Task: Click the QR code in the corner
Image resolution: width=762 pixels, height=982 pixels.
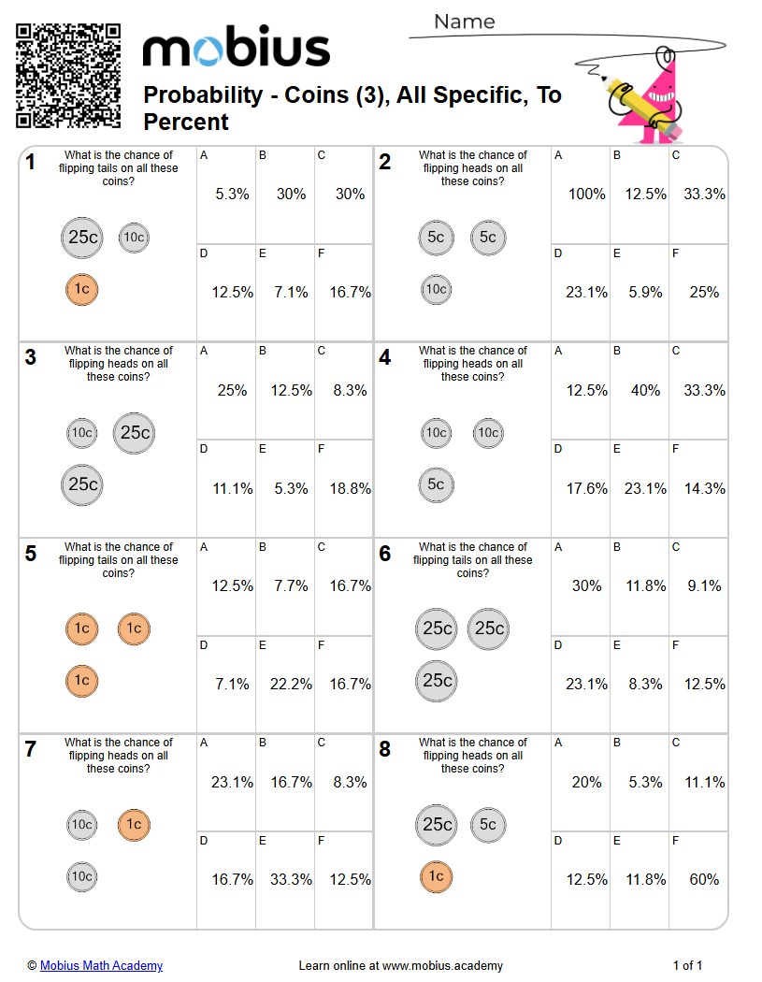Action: pyautogui.click(x=68, y=76)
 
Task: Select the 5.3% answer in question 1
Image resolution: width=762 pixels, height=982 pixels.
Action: pyautogui.click(x=232, y=195)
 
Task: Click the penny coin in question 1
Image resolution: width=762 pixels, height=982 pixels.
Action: pyautogui.click(x=82, y=290)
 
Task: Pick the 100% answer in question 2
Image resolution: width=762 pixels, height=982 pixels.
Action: pyautogui.click(x=586, y=195)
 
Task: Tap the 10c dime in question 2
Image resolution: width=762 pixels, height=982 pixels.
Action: pyautogui.click(x=436, y=290)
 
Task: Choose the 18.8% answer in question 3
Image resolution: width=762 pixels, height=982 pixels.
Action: pyautogui.click(x=350, y=488)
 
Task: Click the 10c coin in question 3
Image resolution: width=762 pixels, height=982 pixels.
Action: pyautogui.click(x=82, y=433)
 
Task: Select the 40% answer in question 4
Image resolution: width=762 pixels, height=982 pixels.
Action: pyautogui.click(x=645, y=391)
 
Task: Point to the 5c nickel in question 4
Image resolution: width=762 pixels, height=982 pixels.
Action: pyautogui.click(x=436, y=484)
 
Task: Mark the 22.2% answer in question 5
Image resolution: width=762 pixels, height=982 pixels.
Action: pyautogui.click(x=291, y=685)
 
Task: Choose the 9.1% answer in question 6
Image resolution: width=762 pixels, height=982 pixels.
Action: pyautogui.click(x=704, y=586)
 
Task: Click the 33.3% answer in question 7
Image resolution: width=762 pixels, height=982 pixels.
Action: pyautogui.click(x=291, y=880)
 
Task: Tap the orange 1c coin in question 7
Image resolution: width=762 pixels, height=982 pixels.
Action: pyautogui.click(x=134, y=825)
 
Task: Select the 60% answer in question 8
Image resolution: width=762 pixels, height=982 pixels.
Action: pyautogui.click(x=704, y=880)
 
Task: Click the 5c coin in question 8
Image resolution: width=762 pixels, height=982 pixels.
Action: pyautogui.click(x=488, y=825)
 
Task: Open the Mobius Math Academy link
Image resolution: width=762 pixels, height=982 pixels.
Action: pyautogui.click(x=101, y=965)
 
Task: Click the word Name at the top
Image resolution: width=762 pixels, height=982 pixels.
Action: pyautogui.click(x=465, y=22)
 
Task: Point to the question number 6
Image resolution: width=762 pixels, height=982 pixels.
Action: pyautogui.click(x=385, y=554)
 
